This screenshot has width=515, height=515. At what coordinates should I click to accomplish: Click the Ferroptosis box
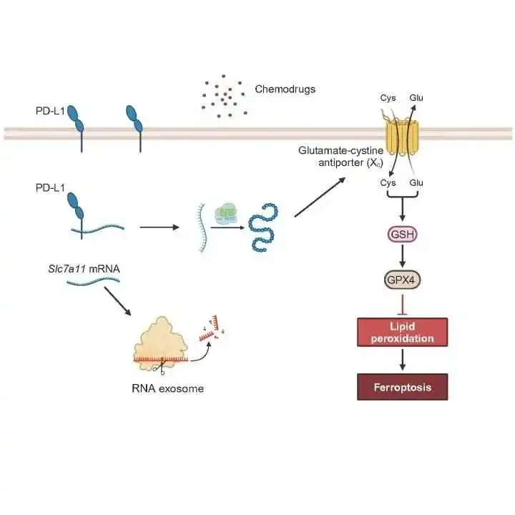click(x=402, y=387)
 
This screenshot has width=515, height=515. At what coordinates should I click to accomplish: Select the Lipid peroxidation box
click(x=402, y=332)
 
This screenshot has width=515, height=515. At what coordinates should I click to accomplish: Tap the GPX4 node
click(x=402, y=280)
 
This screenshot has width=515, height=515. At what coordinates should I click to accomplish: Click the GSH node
click(x=403, y=234)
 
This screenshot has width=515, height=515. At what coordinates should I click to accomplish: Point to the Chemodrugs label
click(x=285, y=89)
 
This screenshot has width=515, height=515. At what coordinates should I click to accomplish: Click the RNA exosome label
click(x=167, y=388)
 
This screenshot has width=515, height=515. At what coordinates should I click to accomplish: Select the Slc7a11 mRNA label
click(x=84, y=269)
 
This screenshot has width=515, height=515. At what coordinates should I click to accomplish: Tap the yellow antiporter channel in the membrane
click(x=402, y=137)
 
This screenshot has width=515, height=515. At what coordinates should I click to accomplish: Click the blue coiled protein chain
click(x=263, y=227)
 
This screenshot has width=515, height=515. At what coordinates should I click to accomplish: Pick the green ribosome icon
click(x=225, y=215)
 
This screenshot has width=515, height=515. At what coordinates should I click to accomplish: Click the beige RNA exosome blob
click(x=161, y=343)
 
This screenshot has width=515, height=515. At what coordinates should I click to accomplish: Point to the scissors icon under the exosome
click(x=159, y=367)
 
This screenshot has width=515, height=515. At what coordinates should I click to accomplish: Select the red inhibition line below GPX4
click(x=403, y=305)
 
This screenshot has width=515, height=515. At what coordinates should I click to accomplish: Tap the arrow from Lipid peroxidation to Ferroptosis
click(x=402, y=359)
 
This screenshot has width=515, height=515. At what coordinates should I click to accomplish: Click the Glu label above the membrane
click(x=416, y=97)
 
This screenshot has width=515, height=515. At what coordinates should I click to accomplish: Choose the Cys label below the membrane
click(x=388, y=182)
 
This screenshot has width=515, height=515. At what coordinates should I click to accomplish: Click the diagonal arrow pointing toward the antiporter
click(x=320, y=197)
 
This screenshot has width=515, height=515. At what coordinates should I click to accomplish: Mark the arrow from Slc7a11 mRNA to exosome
click(x=117, y=301)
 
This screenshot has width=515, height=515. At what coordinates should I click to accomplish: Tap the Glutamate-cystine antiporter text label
click(x=341, y=157)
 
